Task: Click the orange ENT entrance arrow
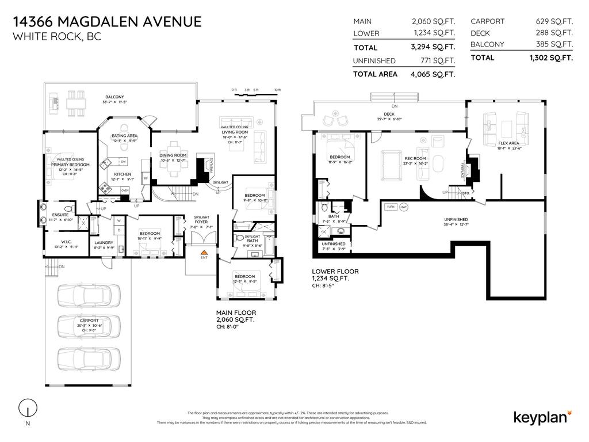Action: [202, 252]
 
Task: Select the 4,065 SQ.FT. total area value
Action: [433, 74]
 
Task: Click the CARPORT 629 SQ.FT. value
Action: [554, 21]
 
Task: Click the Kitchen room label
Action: [123, 174]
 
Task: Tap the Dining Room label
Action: [173, 155]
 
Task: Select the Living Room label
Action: [234, 132]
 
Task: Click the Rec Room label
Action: [415, 159]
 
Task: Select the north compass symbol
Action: [25, 409]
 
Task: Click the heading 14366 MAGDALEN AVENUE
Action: [107, 22]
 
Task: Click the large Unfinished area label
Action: [456, 219]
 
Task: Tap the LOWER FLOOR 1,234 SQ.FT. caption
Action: [335, 275]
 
